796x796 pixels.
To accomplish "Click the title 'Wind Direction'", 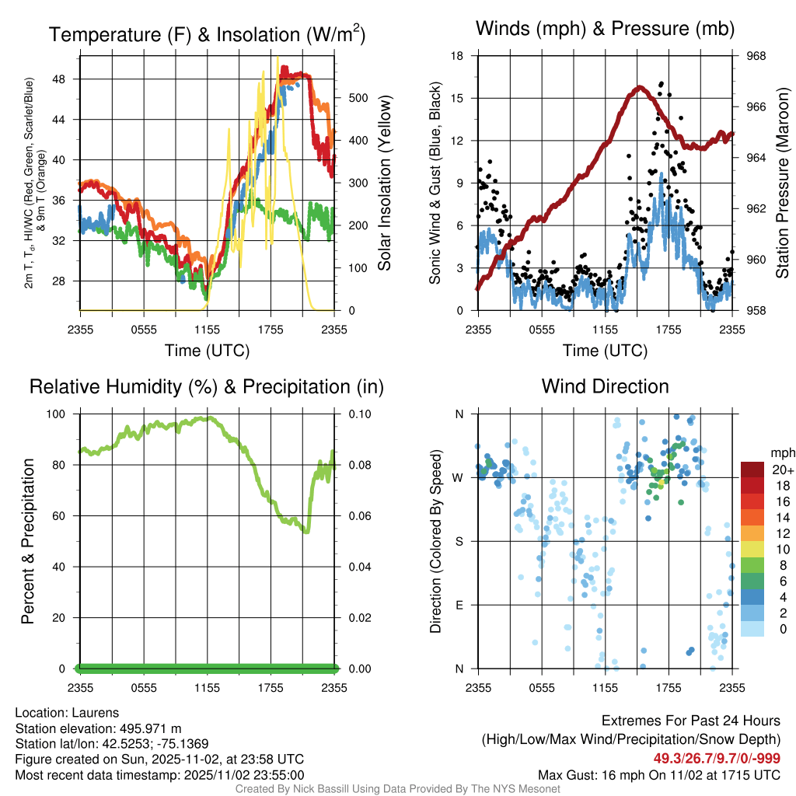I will pos(605,386).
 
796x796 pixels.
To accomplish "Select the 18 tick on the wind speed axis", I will pos(458,56).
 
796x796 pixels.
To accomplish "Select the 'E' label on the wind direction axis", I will pos(459,605).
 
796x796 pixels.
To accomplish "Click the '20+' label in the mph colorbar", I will pos(782,470).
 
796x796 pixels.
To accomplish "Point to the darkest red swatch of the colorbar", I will pos(752,470).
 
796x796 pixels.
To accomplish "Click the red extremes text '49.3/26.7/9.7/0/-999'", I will pos(717,759).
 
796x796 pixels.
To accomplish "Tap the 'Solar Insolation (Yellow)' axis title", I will pos(384,183).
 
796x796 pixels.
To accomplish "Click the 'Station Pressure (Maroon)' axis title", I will pos(782,183).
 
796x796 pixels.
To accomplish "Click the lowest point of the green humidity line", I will pos(306,532).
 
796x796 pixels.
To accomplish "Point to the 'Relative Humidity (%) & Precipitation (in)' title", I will pos(207,386).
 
